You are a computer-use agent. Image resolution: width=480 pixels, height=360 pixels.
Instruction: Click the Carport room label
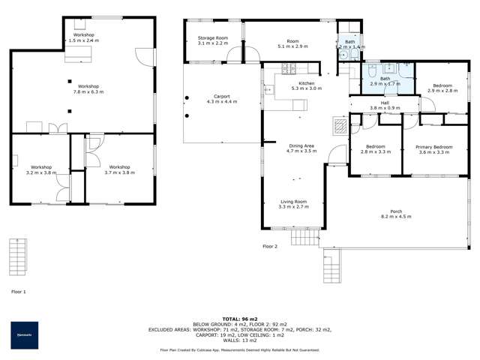tap(221, 98)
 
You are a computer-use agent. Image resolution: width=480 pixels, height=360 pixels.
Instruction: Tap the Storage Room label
tap(213, 40)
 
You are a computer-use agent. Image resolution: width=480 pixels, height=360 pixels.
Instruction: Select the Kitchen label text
tap(307, 85)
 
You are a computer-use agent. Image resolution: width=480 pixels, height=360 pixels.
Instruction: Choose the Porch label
tap(396, 214)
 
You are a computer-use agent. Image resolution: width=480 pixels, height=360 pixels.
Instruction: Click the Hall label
tap(384, 105)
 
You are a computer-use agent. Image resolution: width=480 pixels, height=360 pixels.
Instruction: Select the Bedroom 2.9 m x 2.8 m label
tap(440, 88)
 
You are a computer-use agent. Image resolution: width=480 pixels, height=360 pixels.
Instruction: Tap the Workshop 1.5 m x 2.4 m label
tap(84, 37)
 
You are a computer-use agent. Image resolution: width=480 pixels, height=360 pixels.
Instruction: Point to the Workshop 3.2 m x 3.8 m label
tap(40, 169)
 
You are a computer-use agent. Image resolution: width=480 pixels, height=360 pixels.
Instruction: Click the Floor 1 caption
tap(19, 291)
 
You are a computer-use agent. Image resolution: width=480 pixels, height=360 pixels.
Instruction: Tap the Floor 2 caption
tap(270, 246)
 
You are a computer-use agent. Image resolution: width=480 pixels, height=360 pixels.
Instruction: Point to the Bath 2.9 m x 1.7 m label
tap(385, 81)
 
